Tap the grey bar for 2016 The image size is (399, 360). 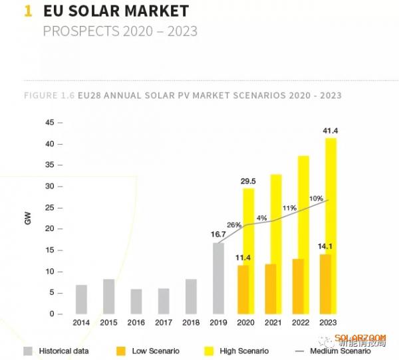(136, 301)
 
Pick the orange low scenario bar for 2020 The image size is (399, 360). (244, 290)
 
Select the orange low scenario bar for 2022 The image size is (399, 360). (297, 286)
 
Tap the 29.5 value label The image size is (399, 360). (249, 181)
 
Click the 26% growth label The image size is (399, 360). (234, 225)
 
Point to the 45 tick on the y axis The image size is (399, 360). (49, 123)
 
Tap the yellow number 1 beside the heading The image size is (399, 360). (28, 11)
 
